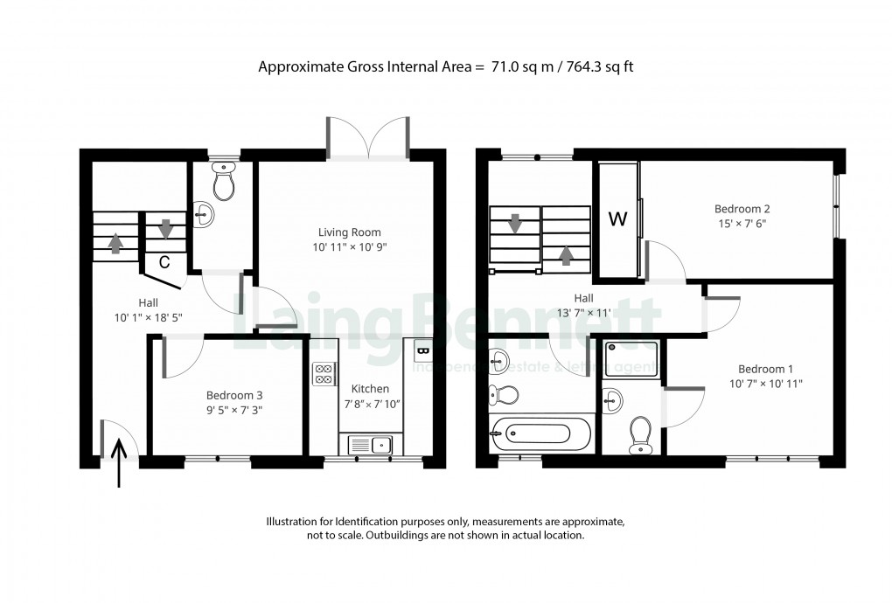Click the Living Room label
pyautogui.click(x=350, y=232)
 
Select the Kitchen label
pyautogui.click(x=370, y=389)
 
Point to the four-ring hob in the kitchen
pyautogui.click(x=323, y=374)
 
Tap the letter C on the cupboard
pyautogui.click(x=164, y=260)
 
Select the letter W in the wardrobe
pyautogui.click(x=617, y=219)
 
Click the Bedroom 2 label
pyautogui.click(x=742, y=209)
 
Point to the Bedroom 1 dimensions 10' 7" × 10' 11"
pyautogui.click(x=766, y=383)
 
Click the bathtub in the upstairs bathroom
pyautogui.click(x=532, y=433)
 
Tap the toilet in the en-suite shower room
pyautogui.click(x=640, y=432)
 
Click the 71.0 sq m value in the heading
pyautogui.click(x=519, y=67)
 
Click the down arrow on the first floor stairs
pyautogui.click(x=515, y=224)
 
